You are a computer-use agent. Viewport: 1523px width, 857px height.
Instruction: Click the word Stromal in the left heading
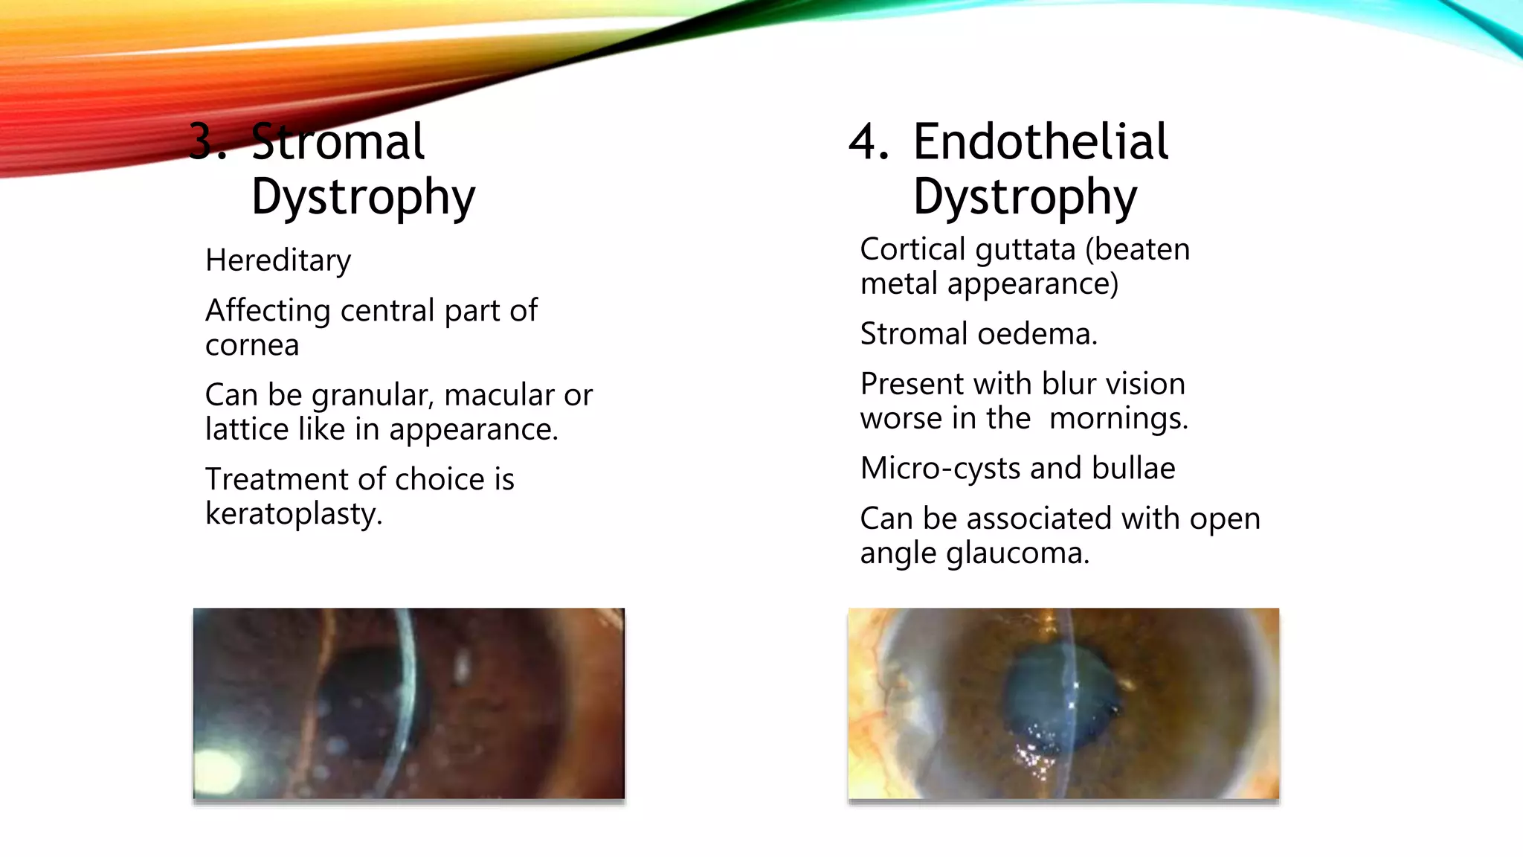pyautogui.click(x=338, y=141)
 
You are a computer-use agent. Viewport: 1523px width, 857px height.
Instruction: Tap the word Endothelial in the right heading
pyautogui.click(x=1040, y=141)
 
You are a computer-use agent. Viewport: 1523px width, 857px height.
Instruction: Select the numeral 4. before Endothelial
pyautogui.click(x=868, y=141)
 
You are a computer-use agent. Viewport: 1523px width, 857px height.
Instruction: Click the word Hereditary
pyautogui.click(x=278, y=260)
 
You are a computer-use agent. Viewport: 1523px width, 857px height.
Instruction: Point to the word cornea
pyautogui.click(x=252, y=345)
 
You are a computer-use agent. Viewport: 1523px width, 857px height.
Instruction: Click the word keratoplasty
pyautogui.click(x=294, y=514)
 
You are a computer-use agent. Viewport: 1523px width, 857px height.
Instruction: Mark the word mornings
pyautogui.click(x=1118, y=419)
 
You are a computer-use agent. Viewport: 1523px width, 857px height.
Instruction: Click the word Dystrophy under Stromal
pyautogui.click(x=363, y=197)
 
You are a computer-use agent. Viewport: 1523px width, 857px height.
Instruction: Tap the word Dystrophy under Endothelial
pyautogui.click(x=1025, y=197)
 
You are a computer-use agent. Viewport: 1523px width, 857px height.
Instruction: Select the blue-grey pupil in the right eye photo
pyautogui.click(x=1060, y=699)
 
